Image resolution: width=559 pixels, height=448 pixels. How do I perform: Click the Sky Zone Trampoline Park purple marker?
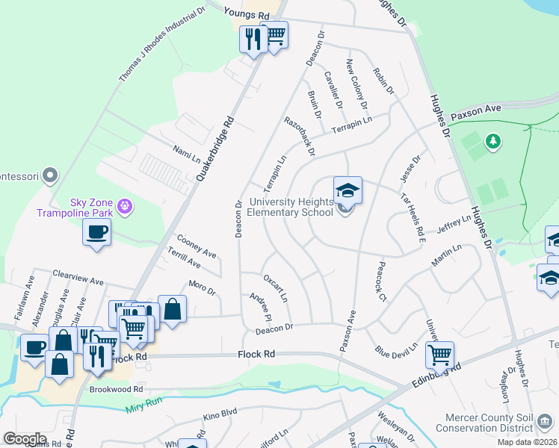[x=125, y=205]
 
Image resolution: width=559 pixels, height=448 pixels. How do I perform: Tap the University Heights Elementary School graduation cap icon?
[x=348, y=192]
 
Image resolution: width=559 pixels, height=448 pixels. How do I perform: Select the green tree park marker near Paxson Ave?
[x=492, y=140]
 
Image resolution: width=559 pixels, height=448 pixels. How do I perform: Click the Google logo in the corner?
[x=25, y=439]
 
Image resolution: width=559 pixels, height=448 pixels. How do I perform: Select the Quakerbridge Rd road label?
[x=216, y=149]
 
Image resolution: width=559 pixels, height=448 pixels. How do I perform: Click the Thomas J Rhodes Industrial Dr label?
[x=161, y=46]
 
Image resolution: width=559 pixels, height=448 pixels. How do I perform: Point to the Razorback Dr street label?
[x=299, y=136]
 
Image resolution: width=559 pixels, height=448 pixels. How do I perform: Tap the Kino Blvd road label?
[x=220, y=412]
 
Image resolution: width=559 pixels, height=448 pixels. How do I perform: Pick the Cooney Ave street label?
[x=196, y=246]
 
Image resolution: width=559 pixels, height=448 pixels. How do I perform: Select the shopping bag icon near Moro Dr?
[x=172, y=309]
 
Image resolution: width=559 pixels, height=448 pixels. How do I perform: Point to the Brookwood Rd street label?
[x=116, y=389]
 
